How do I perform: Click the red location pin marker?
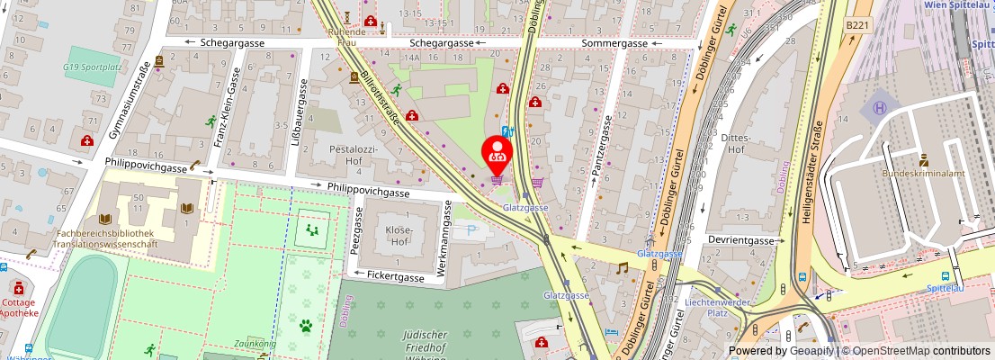point(497,153)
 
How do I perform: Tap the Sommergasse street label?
point(614,43)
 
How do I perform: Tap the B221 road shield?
point(858,27)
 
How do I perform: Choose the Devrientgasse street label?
point(741,241)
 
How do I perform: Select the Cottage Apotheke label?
point(19,307)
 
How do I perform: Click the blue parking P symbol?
point(471,230)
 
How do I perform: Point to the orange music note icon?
point(621,267)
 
